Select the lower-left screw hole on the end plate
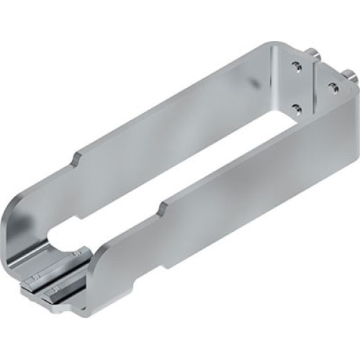296,108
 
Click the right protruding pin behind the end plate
348,74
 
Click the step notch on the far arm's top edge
75,156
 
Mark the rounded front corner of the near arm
97,259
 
